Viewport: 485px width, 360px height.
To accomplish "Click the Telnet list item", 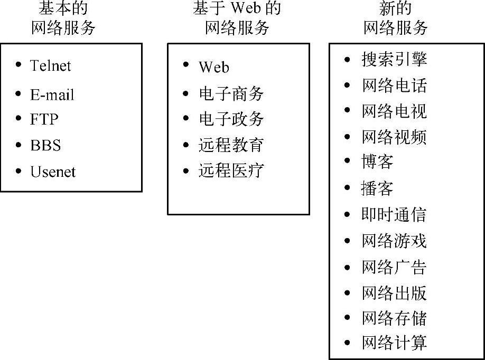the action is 50,65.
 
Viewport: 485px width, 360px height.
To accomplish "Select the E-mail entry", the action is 52,94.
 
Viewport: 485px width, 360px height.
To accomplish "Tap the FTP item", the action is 44,120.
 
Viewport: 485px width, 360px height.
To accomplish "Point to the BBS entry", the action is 45,145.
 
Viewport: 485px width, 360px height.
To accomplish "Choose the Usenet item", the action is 53,172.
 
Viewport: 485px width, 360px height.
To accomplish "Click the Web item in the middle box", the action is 214,67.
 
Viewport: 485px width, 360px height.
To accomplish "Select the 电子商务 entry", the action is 231,93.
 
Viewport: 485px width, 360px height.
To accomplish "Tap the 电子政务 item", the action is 231,119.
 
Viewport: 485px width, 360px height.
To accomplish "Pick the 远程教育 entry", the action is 231,145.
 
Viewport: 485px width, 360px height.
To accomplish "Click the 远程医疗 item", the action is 231,170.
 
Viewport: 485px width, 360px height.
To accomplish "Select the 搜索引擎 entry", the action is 394,59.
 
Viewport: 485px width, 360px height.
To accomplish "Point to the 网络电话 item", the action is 394,85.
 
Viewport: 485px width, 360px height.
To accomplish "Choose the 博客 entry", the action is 377,162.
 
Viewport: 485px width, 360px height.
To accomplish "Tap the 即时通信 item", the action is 394,214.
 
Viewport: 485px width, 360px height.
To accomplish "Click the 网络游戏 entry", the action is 394,241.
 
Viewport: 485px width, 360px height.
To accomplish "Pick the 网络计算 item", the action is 394,343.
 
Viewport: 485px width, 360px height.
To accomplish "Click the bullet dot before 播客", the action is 347,188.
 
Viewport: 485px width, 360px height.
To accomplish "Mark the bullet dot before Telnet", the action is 19,65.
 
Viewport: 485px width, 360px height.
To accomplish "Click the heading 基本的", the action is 63,8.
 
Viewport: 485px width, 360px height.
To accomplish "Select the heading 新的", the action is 395,8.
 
